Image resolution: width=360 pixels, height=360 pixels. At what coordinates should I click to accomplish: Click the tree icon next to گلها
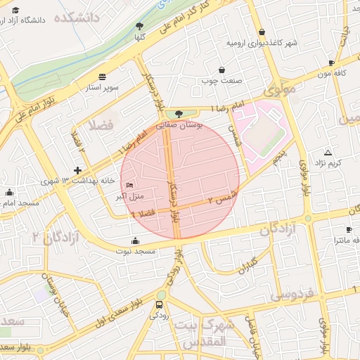(x=139, y=26)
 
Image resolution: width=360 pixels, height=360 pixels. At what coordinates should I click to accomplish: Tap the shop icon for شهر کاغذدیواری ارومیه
(x=262, y=32)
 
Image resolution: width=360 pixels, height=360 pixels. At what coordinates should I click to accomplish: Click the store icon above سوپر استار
(x=103, y=77)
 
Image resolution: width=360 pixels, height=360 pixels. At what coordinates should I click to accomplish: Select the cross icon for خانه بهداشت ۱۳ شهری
(x=77, y=170)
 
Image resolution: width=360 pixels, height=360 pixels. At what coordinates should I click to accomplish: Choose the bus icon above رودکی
(x=160, y=305)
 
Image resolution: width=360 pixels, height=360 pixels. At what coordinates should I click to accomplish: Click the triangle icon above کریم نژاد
(x=328, y=153)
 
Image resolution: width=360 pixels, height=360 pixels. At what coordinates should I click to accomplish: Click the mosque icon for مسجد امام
(x=9, y=192)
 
